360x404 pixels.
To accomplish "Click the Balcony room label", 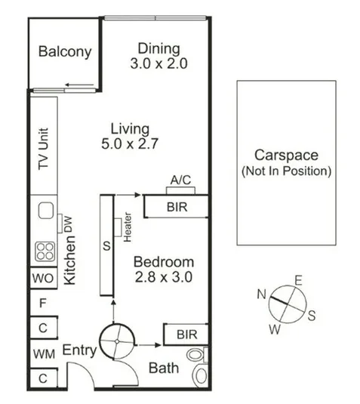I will (x=65, y=52).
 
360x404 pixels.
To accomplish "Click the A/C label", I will (x=180, y=180).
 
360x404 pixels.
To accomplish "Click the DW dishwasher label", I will (x=67, y=223).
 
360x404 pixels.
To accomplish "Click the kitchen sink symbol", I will (x=42, y=209).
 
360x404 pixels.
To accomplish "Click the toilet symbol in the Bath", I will (x=198, y=363).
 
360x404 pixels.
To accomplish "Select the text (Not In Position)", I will (x=286, y=171).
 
